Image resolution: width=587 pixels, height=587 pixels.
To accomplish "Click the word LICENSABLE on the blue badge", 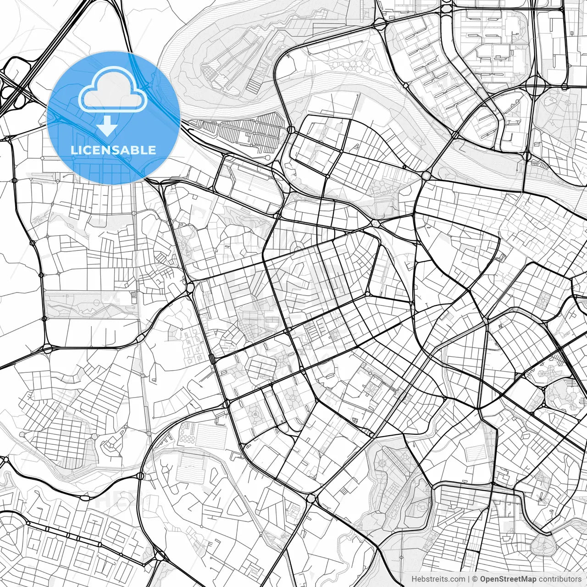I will pos(113,150).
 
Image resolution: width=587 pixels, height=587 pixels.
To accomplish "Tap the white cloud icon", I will pos(112,90).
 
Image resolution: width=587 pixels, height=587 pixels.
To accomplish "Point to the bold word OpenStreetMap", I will pos(508,579).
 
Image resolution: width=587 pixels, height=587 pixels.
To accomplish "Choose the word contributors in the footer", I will pos(560,579).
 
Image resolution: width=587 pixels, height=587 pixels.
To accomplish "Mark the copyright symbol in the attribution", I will pos(475,579).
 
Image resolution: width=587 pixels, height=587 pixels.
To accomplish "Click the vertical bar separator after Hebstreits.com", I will pos(469,579).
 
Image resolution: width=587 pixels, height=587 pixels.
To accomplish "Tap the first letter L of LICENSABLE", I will pos(73,150).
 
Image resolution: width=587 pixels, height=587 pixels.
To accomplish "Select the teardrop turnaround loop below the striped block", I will pos(267,158).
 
